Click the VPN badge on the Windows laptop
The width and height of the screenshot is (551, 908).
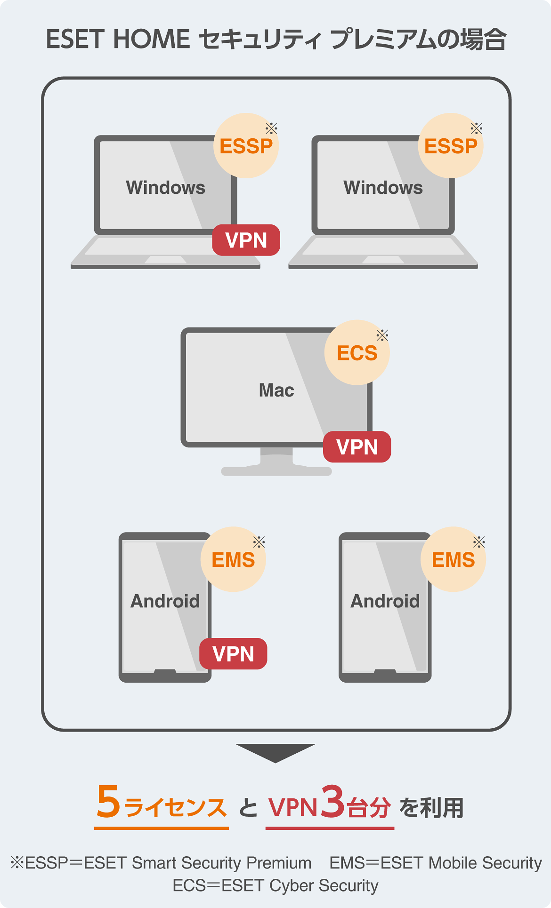246,240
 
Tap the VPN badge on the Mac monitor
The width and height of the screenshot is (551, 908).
357,447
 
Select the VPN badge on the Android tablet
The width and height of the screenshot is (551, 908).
233,654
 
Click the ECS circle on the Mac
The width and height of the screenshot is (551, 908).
357,353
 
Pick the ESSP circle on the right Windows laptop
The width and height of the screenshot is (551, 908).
451,146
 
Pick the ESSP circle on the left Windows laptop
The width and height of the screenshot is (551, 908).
246,146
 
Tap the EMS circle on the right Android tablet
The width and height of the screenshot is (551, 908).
453,560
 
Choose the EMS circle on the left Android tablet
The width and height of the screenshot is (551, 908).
233,560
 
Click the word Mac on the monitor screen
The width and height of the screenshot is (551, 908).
276,390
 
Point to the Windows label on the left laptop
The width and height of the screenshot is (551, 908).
165,188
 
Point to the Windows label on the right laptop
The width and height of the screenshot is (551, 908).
383,188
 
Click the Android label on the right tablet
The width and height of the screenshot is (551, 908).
385,601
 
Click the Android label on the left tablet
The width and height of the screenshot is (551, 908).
165,601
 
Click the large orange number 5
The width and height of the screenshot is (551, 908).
108,802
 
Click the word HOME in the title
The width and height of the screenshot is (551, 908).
151,39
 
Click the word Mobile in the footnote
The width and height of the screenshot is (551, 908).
453,863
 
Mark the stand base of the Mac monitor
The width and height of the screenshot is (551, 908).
276,471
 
